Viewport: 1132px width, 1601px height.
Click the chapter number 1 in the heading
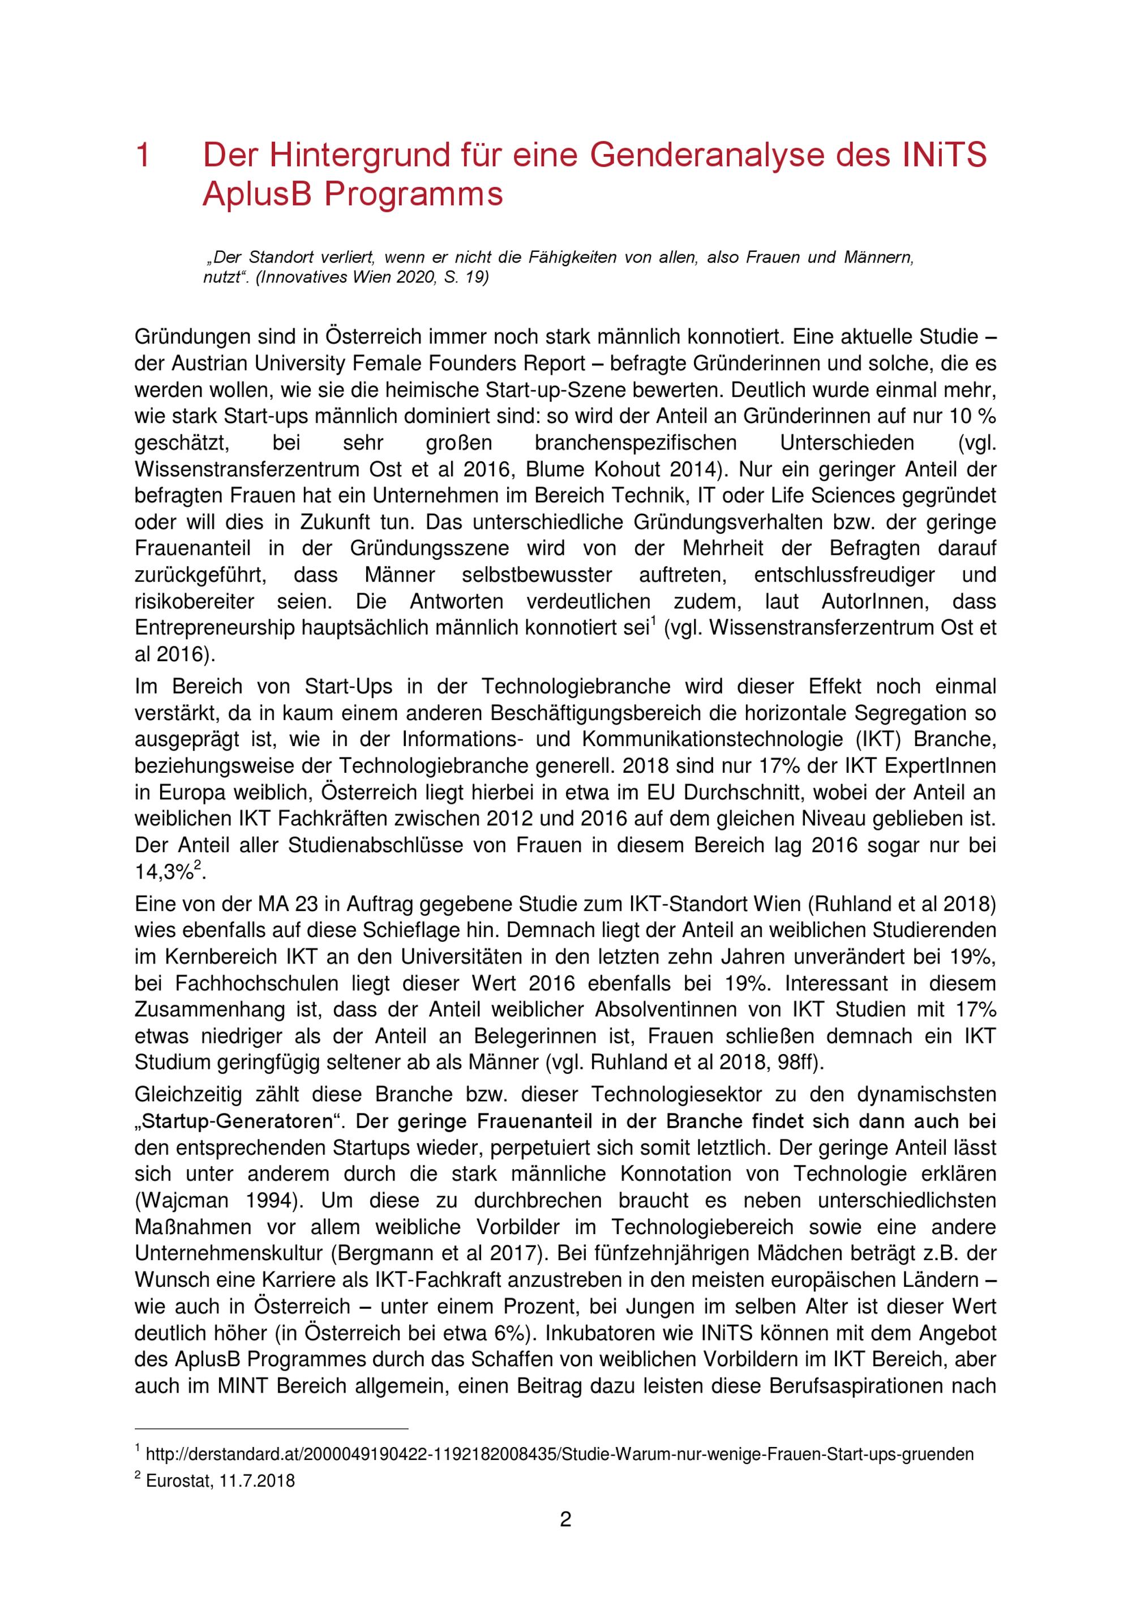(x=143, y=156)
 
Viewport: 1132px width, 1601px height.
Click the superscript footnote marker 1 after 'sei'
(x=653, y=623)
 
